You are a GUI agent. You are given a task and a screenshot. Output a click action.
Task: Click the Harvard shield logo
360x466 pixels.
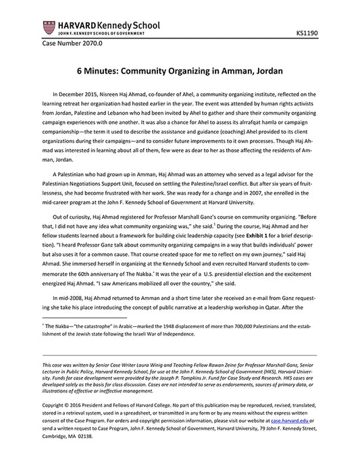coord(47,28)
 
